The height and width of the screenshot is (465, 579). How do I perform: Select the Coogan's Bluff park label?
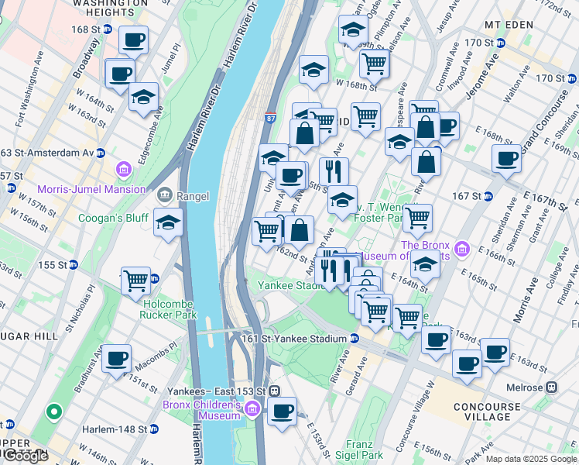coord(113,218)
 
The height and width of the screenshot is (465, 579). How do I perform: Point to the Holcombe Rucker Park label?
coord(169,309)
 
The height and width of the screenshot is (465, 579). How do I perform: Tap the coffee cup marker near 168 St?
coord(133,40)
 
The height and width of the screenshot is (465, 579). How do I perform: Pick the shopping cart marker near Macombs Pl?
coord(135,280)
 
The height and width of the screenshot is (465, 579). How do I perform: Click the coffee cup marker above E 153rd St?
coord(282,411)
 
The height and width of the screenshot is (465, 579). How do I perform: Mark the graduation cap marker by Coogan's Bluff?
coord(168,223)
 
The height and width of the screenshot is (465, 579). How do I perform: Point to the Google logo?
coord(26,456)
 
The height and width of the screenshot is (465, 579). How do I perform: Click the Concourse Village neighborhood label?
coord(487,412)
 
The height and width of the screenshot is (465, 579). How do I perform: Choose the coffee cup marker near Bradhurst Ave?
coord(117,359)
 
